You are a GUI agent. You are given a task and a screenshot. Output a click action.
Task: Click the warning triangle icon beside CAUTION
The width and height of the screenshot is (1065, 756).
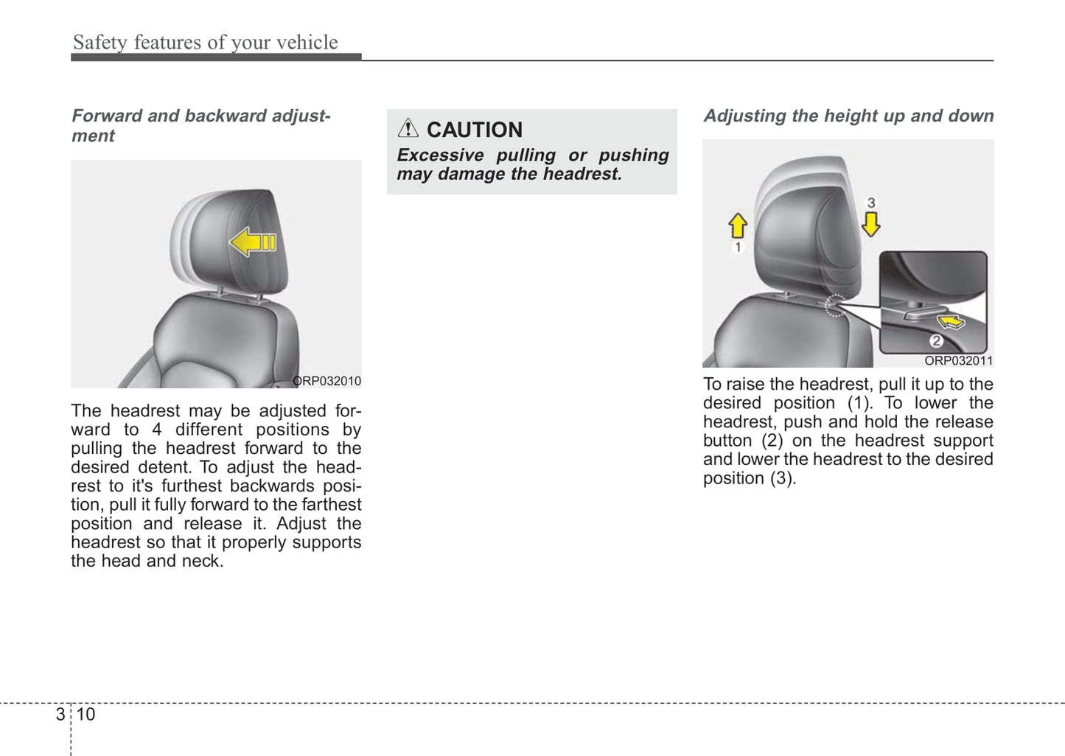point(408,129)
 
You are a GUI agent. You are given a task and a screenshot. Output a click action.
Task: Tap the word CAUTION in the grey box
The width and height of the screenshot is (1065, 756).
point(475,130)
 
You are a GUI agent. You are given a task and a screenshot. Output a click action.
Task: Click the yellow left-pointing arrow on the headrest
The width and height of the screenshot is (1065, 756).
point(252,242)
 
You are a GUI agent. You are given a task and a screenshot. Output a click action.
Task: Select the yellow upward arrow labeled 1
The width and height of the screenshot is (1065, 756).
point(738,225)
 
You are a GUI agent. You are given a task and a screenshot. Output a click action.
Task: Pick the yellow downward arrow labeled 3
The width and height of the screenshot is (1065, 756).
point(871,223)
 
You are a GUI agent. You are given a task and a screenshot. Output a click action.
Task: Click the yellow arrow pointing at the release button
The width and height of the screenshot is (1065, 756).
point(951,321)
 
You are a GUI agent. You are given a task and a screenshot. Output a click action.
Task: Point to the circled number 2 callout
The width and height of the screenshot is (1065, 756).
point(936,340)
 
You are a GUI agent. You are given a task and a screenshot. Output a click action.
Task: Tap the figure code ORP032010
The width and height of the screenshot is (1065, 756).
point(327,381)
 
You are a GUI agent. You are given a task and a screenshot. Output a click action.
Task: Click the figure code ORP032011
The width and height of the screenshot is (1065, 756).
point(958,360)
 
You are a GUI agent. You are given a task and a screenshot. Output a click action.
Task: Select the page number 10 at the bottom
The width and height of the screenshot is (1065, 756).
point(85,714)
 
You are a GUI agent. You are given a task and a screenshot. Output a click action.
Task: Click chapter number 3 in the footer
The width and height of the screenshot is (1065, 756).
point(60,714)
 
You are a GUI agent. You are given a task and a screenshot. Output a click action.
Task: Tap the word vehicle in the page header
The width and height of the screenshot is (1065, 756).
point(307,43)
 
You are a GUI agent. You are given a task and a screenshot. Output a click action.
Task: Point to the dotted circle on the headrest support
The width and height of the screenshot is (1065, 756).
point(834,304)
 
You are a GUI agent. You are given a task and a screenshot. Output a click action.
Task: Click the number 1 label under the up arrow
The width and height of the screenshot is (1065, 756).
point(738,248)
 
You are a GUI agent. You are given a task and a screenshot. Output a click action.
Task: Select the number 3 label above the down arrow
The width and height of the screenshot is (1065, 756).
point(871,203)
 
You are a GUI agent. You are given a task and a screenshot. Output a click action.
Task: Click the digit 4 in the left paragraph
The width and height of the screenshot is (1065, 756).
point(157,430)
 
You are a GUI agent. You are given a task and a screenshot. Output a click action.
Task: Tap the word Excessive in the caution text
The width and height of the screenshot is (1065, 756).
point(440,155)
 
